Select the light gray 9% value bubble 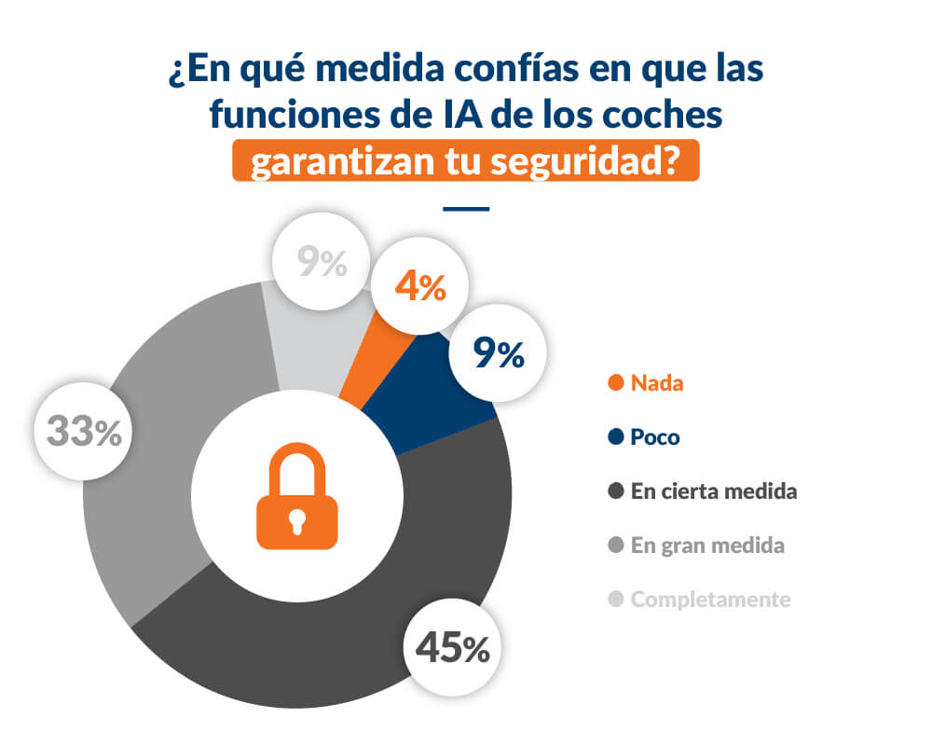click(x=322, y=264)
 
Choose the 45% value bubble click(x=452, y=648)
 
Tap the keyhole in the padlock click(x=297, y=518)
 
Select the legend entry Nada click(x=656, y=383)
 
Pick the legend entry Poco click(x=655, y=437)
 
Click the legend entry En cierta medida click(x=713, y=491)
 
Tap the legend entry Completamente click(x=710, y=600)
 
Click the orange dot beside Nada click(x=614, y=383)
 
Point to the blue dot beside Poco click(x=614, y=437)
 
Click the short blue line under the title click(x=466, y=208)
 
